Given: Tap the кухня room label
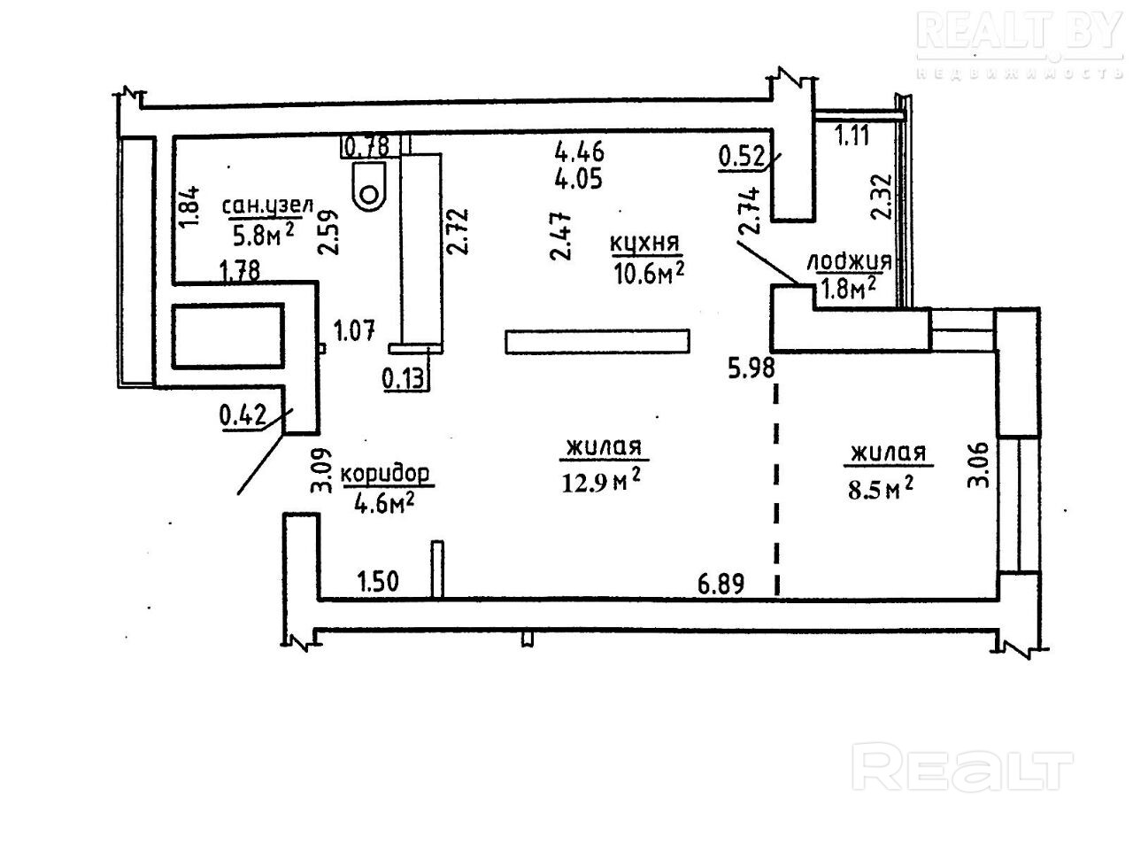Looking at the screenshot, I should point(644,243).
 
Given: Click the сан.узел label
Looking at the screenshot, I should point(268,207).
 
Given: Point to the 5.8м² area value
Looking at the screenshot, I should point(262,235).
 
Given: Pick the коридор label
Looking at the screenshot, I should point(386,474).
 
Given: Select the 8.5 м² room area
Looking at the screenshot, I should point(881,488).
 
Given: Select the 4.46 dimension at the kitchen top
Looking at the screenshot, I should point(580,151).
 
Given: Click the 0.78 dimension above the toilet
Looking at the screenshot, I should point(366,145).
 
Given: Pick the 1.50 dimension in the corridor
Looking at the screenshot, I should point(377,583).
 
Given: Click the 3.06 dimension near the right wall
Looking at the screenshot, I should point(978,465).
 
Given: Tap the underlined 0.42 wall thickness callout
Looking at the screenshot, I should point(243,415).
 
